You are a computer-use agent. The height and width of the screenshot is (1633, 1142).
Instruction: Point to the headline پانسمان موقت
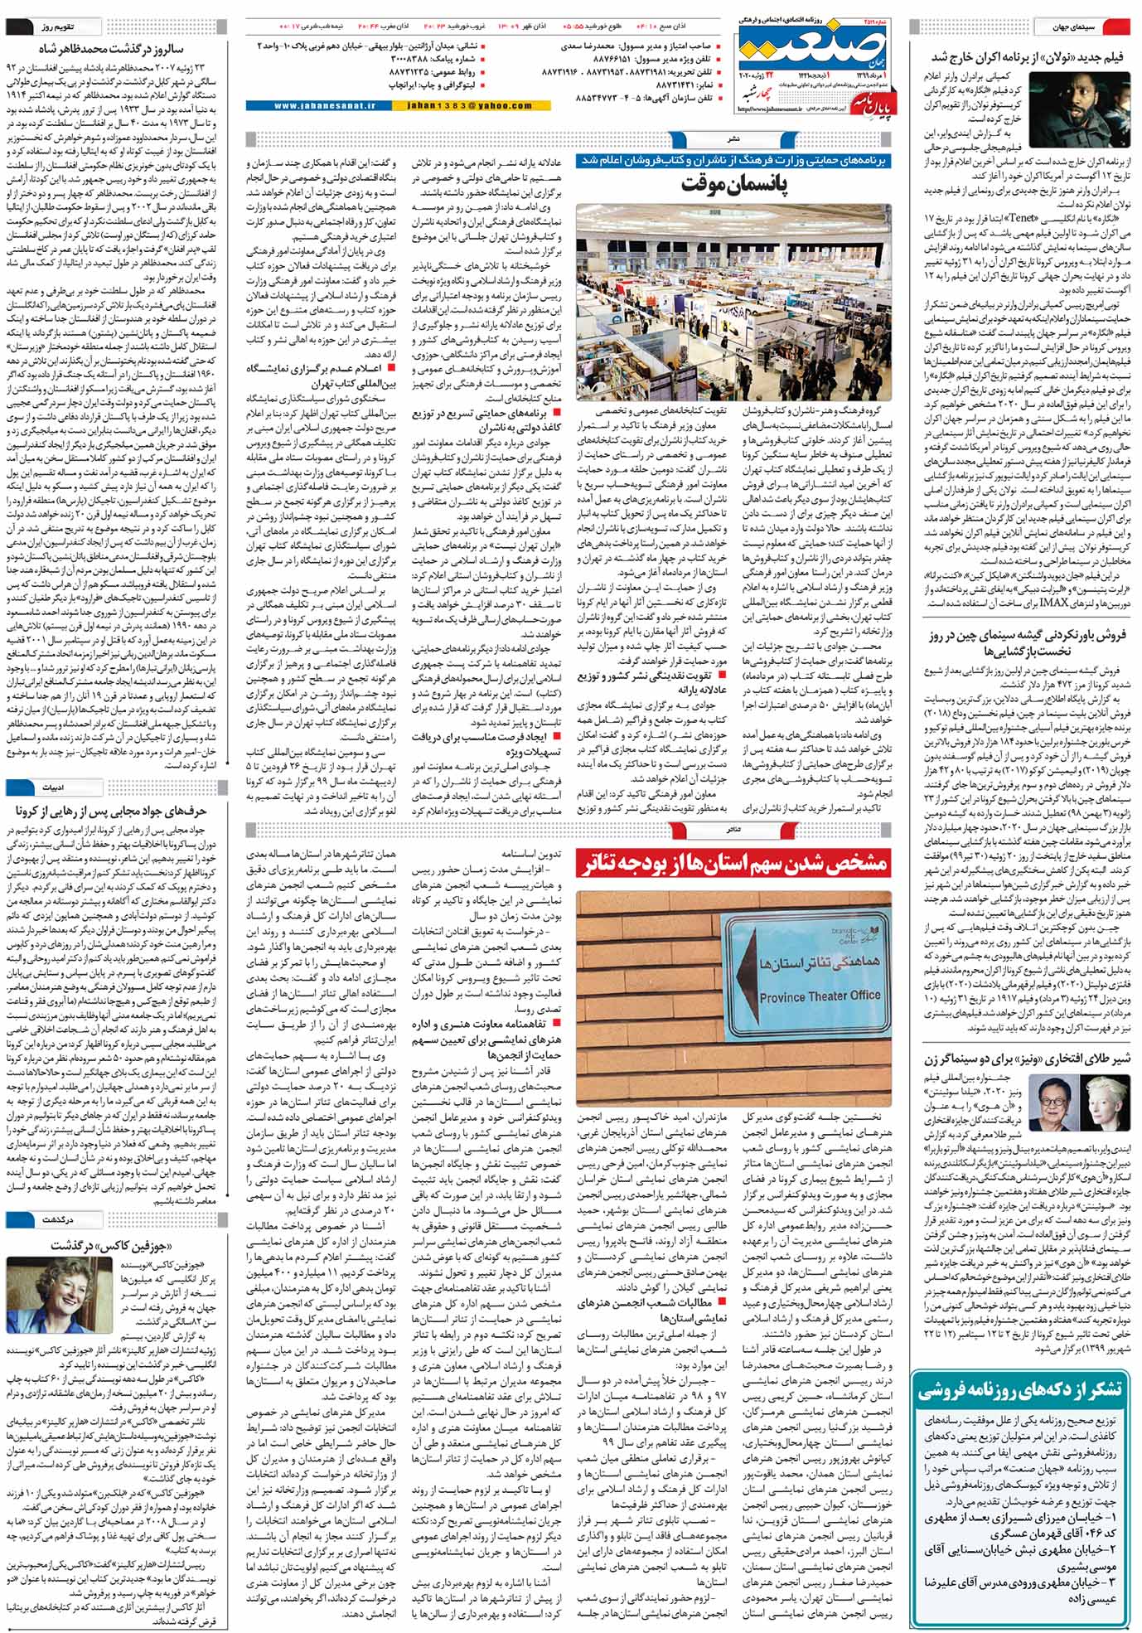pos(733,183)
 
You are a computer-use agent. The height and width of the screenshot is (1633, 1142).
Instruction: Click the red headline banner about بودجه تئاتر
pos(733,864)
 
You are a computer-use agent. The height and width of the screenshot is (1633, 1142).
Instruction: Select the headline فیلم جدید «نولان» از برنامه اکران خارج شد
pos(1026,57)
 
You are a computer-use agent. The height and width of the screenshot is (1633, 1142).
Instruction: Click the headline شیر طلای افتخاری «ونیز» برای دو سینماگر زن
pos(1027,1059)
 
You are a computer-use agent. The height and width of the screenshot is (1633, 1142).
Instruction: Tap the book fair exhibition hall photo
pos(733,303)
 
